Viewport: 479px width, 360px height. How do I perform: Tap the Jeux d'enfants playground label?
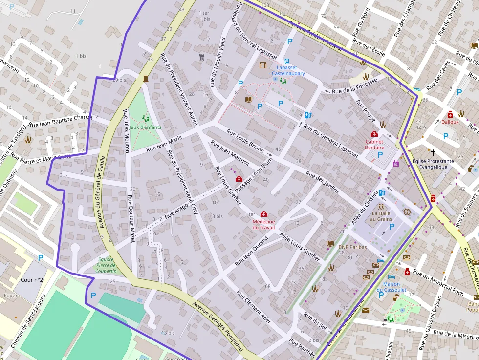pyautogui.click(x=146, y=127)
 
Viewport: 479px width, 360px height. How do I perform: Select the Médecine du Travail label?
pyautogui.click(x=263, y=224)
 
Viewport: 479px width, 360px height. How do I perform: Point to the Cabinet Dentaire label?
pyautogui.click(x=374, y=144)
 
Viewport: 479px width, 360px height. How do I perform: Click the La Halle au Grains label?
pyautogui.click(x=381, y=215)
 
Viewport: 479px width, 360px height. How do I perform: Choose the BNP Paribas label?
pyautogui.click(x=352, y=247)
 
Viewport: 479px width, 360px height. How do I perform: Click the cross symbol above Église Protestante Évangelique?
pyautogui.click(x=433, y=152)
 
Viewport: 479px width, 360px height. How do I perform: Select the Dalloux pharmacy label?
pyautogui.click(x=450, y=122)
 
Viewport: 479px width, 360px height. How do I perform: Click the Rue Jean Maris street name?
pyautogui.click(x=164, y=143)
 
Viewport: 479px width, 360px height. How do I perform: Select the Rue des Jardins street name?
pyautogui.click(x=322, y=182)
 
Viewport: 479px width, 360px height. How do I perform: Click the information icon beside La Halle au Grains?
pyautogui.click(x=407, y=212)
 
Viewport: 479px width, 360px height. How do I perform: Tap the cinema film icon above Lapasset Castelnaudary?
pyautogui.click(x=263, y=65)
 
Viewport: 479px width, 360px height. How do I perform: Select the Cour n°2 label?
pyautogui.click(x=32, y=280)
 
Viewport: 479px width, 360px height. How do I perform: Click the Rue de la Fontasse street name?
pyautogui.click(x=354, y=85)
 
